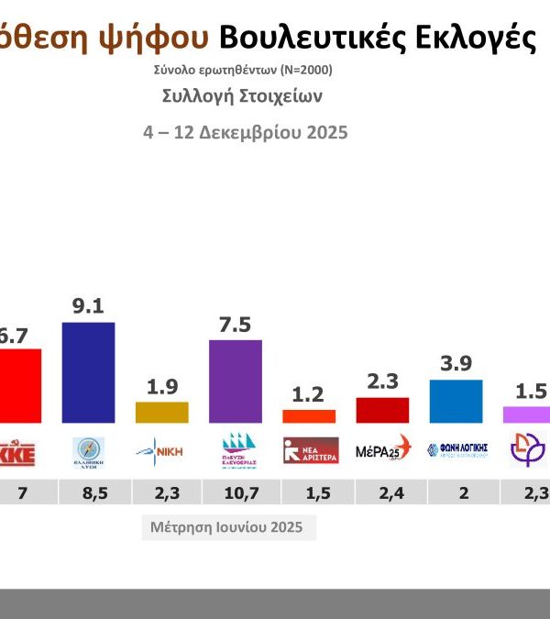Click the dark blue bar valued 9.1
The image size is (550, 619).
88,372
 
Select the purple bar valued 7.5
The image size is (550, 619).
236,381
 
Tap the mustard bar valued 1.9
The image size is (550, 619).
161,413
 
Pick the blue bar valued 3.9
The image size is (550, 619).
456,401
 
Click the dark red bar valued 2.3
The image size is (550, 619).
382,410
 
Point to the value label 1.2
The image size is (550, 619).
309,394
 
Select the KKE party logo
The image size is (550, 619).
17,451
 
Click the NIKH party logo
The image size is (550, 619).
161,450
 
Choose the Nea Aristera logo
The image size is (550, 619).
311,450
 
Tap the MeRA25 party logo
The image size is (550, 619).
383,450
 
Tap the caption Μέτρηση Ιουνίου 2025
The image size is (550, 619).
228,528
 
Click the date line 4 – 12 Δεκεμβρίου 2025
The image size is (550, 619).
246,132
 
